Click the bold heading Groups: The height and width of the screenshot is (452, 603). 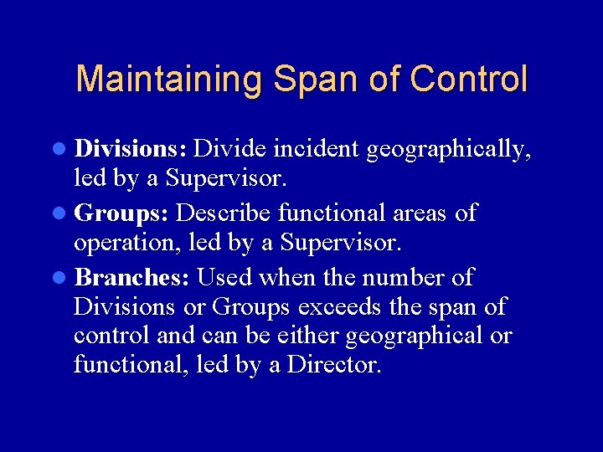[122, 213]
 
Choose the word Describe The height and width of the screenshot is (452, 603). [224, 213]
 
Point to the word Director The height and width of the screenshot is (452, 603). [334, 365]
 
